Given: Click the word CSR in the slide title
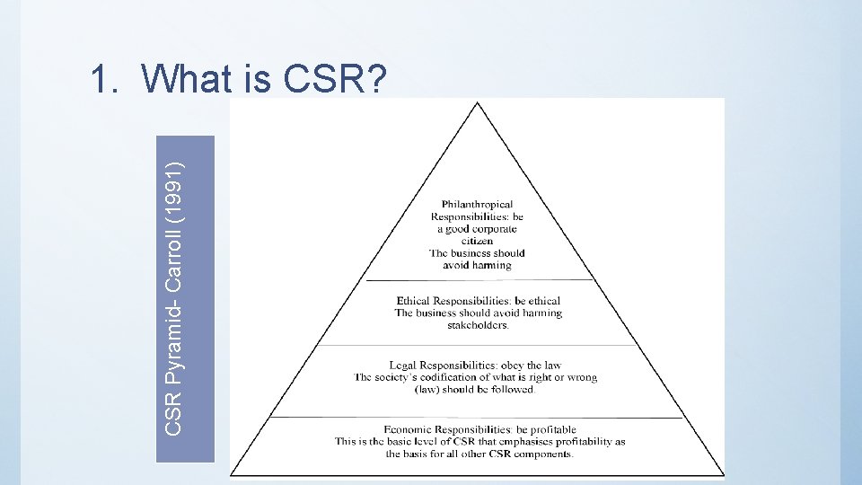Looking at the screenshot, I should [321, 80].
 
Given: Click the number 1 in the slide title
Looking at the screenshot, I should [99, 80].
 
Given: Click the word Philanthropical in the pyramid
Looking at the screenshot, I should [477, 205].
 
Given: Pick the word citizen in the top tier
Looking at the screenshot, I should [477, 241].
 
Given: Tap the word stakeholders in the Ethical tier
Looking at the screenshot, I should [478, 324].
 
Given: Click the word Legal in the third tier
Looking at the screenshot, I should [404, 366].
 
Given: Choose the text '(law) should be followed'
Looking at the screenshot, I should [475, 389].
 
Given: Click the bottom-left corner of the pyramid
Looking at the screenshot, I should [232, 475].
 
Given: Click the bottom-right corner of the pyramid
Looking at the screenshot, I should [724, 475].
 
